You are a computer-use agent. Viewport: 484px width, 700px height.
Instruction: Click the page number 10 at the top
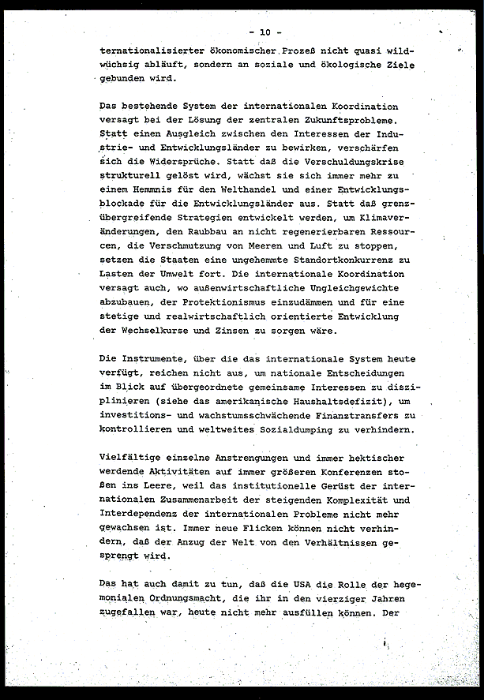(x=259, y=32)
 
